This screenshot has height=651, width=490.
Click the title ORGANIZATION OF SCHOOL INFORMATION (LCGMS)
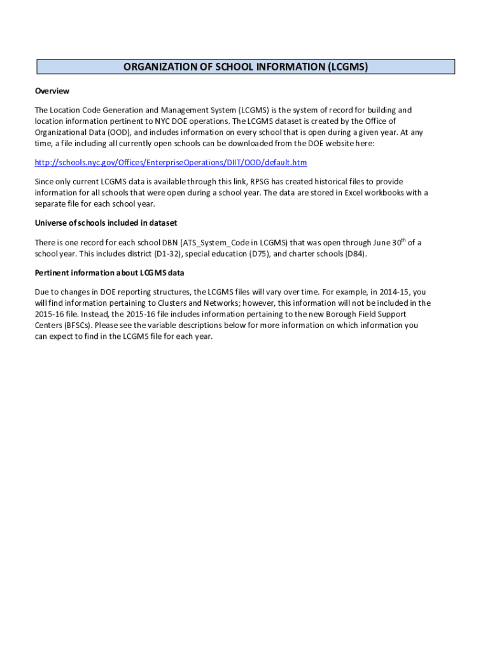coord(246,67)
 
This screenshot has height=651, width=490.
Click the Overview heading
coord(52,91)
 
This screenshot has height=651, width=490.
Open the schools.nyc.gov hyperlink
coord(171,163)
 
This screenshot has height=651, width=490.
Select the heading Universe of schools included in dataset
coord(106,223)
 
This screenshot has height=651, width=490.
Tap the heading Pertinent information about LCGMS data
coord(109,273)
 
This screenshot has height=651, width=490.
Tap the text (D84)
coord(355,254)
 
